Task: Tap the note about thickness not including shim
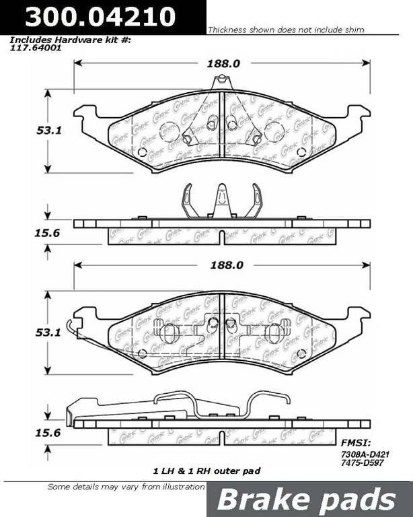click(286, 30)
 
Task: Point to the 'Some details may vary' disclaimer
click(126, 487)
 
